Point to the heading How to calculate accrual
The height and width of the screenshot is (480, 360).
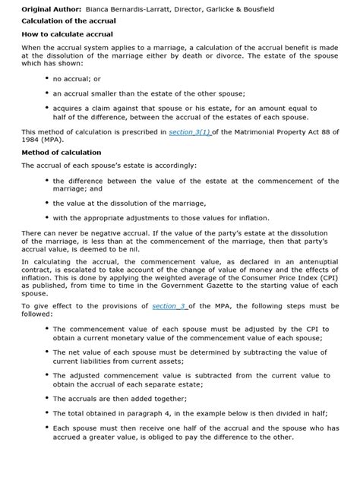[67, 34]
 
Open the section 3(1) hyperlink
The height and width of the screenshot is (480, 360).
[191, 132]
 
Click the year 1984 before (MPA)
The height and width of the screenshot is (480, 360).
[33, 141]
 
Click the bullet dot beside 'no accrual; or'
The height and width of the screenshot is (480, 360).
[48, 78]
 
